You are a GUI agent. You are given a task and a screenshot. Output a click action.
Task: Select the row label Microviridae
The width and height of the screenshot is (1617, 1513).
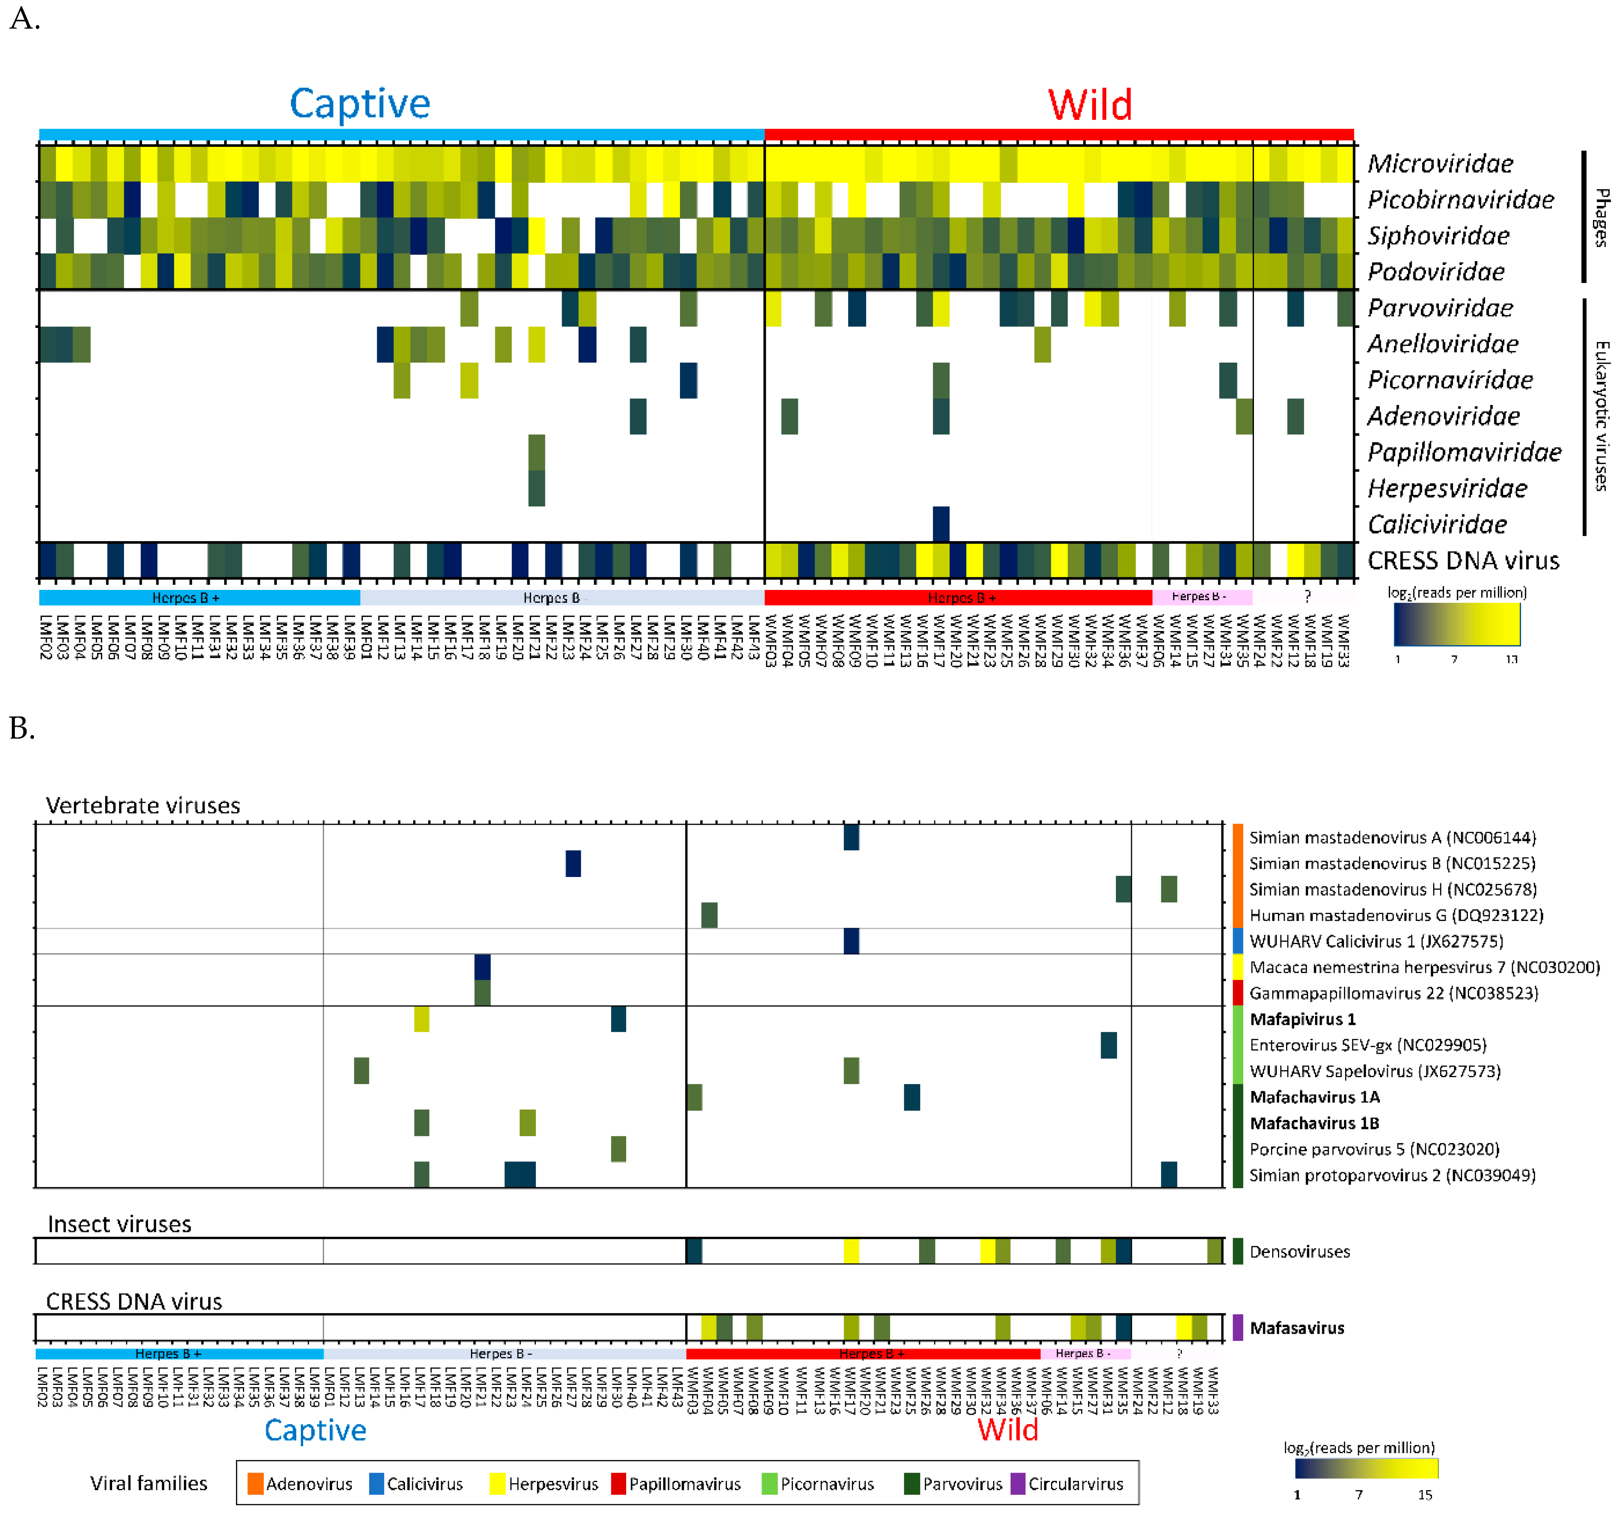coord(1440,164)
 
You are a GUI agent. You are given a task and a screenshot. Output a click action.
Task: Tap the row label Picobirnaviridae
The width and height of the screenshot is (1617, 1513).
coord(1460,199)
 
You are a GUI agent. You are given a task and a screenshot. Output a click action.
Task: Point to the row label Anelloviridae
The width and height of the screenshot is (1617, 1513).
coord(1442,344)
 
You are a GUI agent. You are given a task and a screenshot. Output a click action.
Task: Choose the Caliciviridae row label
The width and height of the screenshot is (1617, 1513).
coord(1437,525)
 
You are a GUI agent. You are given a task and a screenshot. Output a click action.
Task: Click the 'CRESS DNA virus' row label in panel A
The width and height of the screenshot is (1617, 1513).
coord(1463,561)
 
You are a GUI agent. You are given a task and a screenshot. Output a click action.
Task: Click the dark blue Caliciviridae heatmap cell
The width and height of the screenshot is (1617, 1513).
coord(941,524)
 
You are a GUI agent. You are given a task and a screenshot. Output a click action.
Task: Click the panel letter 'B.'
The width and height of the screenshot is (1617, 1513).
coord(22,728)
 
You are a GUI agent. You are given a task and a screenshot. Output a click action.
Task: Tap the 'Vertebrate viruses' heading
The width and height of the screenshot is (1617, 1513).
coord(143,805)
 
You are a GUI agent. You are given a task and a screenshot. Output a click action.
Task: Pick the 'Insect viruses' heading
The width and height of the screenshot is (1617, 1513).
coord(120,1224)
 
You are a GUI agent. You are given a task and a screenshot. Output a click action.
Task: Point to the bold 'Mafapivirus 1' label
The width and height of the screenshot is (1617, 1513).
coord(1302,1019)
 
